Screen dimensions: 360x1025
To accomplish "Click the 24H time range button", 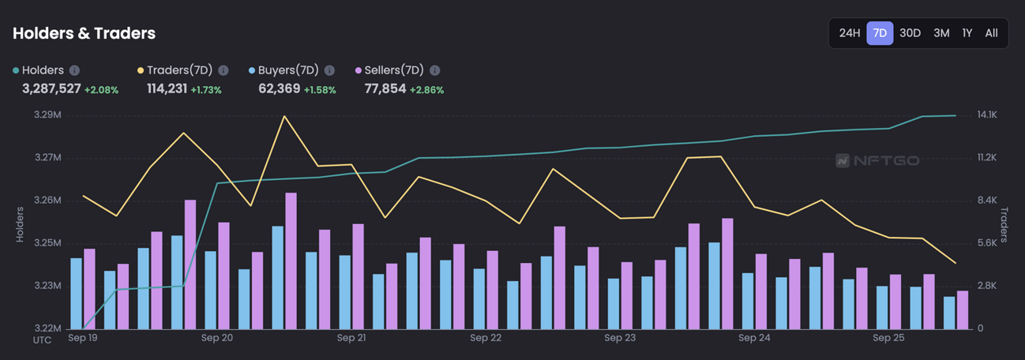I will tap(849, 33).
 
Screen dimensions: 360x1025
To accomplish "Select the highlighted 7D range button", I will tap(880, 33).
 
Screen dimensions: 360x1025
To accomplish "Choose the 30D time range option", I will tap(910, 33).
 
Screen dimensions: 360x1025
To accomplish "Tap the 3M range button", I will tap(941, 33).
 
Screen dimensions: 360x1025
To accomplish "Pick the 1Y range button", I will tap(967, 33).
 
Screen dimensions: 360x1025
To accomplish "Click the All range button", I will tap(992, 33).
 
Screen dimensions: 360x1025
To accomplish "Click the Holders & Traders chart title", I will tap(84, 33).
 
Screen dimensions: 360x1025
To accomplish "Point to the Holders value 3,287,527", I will tap(51, 88).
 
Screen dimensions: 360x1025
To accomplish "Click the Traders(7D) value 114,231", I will tap(167, 88).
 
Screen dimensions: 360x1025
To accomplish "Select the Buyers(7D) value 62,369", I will tap(279, 88).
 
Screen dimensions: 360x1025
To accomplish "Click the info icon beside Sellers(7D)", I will tap(435, 70).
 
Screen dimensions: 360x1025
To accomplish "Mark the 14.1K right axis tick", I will tap(988, 115).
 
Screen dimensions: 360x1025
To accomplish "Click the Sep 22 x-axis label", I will tap(486, 338).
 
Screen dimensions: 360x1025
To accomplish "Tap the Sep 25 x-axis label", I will tap(888, 338).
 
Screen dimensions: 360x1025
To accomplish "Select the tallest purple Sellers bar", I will tap(291, 261).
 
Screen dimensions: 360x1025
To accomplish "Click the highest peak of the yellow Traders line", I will tap(284, 116).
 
